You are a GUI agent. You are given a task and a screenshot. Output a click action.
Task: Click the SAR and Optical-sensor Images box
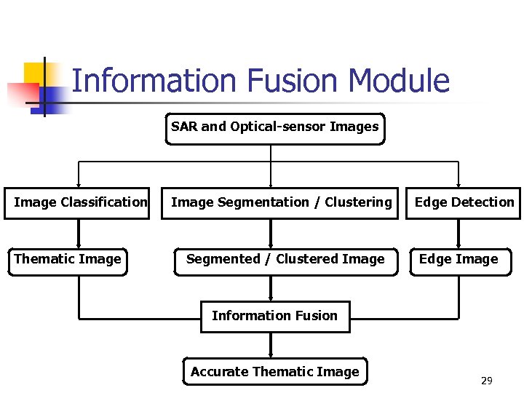click(x=275, y=128)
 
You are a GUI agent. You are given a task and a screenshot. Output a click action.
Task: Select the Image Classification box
click(x=80, y=202)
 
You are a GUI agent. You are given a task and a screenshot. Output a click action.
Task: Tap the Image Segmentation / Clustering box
click(x=281, y=202)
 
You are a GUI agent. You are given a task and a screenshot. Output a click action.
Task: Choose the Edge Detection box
click(x=464, y=202)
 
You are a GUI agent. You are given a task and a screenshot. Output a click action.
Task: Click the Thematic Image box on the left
click(x=68, y=260)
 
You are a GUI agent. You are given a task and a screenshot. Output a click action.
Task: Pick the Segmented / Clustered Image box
click(x=285, y=260)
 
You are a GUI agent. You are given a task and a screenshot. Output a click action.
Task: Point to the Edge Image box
click(x=458, y=260)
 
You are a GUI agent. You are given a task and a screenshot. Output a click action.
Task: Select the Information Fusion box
click(x=274, y=317)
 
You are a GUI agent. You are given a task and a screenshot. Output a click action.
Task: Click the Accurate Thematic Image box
click(x=274, y=372)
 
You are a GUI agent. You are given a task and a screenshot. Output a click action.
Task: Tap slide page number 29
click(x=487, y=381)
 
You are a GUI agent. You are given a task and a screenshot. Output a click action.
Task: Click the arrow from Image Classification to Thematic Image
click(x=79, y=233)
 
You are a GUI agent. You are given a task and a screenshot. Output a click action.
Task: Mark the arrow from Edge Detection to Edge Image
click(x=458, y=233)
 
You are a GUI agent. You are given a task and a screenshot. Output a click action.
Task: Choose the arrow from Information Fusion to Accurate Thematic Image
click(x=271, y=345)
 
